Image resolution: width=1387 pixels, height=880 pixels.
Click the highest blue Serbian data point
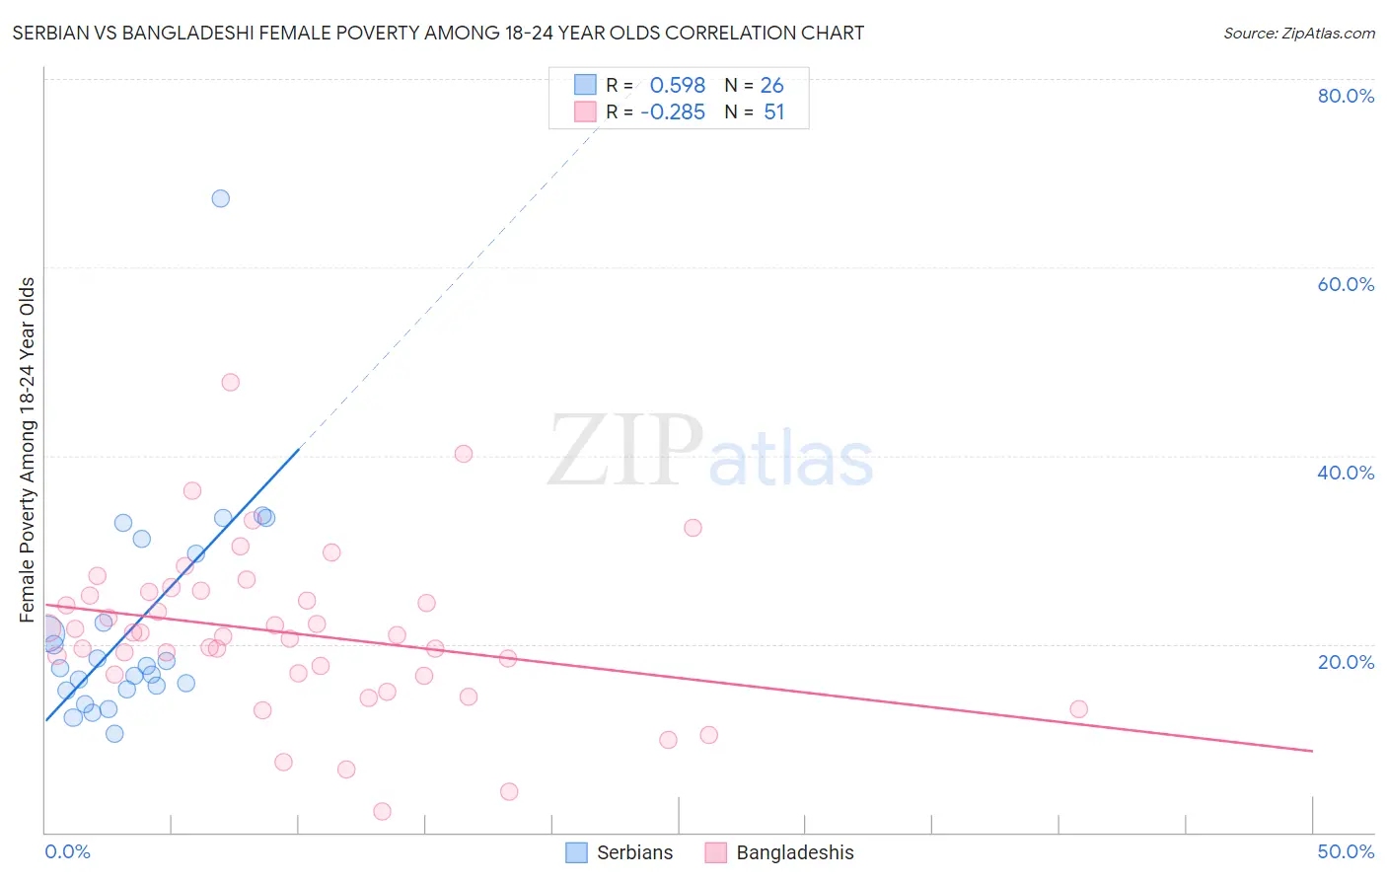pos(221,198)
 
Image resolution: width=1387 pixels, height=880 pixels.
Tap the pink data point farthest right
pos(1078,709)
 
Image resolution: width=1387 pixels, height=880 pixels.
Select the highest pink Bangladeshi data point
pos(231,382)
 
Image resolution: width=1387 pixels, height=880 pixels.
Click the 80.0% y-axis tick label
pos(1346,96)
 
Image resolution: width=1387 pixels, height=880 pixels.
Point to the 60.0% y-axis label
pos(1346,284)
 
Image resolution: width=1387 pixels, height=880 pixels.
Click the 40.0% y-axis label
pos(1346,473)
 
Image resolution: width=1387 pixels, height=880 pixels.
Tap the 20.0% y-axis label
pos(1346,662)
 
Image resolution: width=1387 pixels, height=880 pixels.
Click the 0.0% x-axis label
pos(67,851)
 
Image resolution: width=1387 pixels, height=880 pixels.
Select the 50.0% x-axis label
pos(1346,851)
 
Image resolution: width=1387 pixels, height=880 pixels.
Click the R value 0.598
pos(678,86)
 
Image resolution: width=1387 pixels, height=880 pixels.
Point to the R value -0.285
pos(673,112)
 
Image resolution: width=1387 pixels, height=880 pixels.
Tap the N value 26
pos(771,86)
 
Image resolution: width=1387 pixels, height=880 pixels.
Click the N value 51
pos(773,112)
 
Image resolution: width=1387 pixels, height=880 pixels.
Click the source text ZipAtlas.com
pos(1298,34)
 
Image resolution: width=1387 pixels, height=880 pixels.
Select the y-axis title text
pos(28,450)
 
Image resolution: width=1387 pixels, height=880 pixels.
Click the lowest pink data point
pos(382,811)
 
